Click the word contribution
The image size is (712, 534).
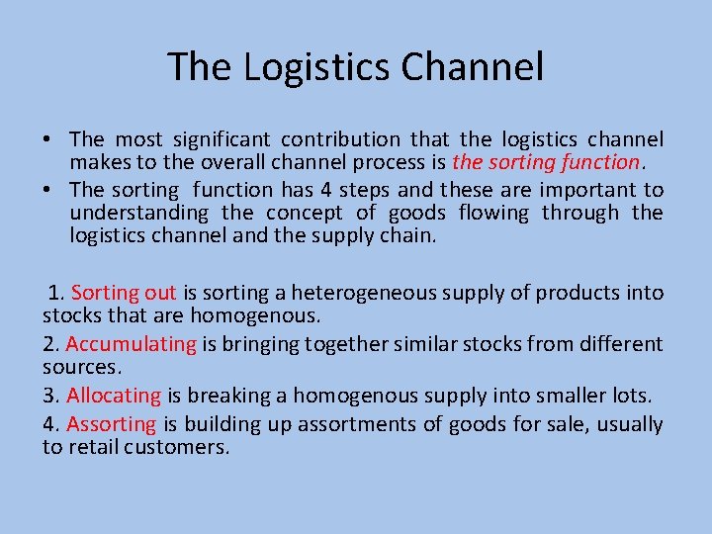[x=341, y=139]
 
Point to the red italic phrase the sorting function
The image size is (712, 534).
[x=546, y=163]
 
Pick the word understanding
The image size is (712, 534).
[x=139, y=213]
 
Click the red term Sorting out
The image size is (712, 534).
[x=124, y=293]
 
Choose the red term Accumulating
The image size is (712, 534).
[x=132, y=344]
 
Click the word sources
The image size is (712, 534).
[x=80, y=368]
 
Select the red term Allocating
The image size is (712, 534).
[x=113, y=396]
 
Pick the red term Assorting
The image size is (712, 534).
[x=111, y=424]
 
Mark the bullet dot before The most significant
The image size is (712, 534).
[x=47, y=139]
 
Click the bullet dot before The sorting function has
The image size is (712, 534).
[x=47, y=189]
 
